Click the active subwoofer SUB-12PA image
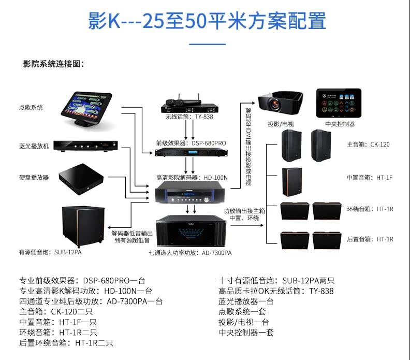[x=81, y=225]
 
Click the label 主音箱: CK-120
[x=368, y=145]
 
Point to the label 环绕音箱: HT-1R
[x=370, y=209]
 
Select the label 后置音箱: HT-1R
[x=370, y=239]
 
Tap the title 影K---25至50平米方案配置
[x=207, y=22]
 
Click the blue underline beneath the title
[x=207, y=44]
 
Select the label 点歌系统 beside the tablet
[x=31, y=108]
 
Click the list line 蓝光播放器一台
[x=246, y=301]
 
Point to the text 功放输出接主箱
[x=244, y=211]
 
